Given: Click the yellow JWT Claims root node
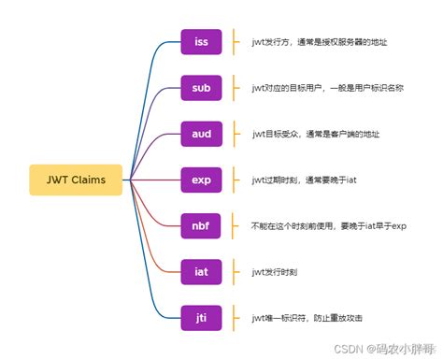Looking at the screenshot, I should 76,180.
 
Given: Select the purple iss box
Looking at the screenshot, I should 201,43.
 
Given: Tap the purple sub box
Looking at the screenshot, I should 201,89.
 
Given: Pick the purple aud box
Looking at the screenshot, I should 201,135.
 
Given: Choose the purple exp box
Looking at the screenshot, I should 201,180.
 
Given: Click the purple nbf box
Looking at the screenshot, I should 201,226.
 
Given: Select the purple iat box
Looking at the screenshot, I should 201,272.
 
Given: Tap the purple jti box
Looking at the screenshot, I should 201,318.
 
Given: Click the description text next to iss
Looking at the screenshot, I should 318,43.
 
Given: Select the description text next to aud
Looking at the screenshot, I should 312,135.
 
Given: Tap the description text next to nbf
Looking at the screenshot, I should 328,226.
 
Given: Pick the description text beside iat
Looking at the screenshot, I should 275,272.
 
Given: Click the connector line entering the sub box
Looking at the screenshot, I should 168,91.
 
